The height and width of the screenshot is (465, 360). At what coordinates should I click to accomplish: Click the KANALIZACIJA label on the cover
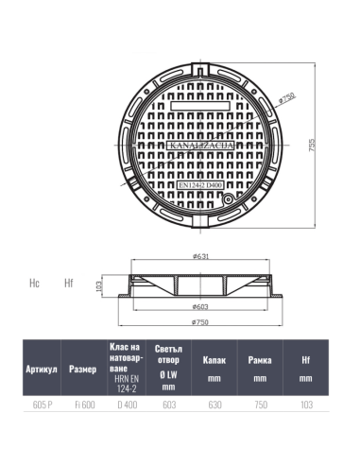pyautogui.click(x=200, y=146)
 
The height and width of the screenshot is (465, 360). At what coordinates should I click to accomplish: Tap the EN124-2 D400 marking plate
pyautogui.click(x=200, y=185)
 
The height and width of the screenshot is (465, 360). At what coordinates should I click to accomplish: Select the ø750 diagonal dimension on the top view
pyautogui.click(x=287, y=98)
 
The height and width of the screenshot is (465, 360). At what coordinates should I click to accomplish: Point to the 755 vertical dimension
pyautogui.click(x=312, y=146)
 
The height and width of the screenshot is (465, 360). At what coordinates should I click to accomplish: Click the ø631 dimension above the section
pyautogui.click(x=200, y=256)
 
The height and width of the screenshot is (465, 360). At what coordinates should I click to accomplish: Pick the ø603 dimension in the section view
pyautogui.click(x=200, y=306)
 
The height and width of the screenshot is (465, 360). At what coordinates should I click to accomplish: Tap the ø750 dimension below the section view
pyautogui.click(x=200, y=322)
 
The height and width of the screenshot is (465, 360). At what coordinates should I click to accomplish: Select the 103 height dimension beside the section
pyautogui.click(x=98, y=286)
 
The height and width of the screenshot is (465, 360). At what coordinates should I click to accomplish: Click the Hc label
pyautogui.click(x=34, y=283)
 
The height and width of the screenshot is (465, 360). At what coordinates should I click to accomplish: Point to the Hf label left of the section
pyautogui.click(x=69, y=283)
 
